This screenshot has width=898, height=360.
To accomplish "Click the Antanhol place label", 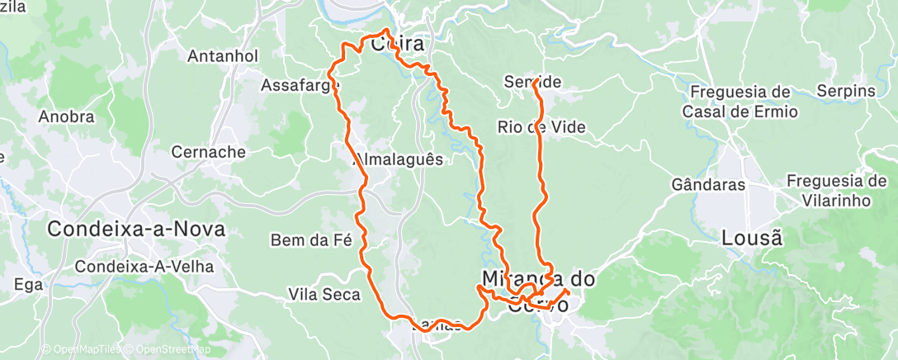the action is pyautogui.click(x=223, y=56).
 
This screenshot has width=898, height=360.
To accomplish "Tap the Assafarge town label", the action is pyautogui.click(x=298, y=84).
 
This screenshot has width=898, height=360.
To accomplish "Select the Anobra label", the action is pyautogui.click(x=66, y=116).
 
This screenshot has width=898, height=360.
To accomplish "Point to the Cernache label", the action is pyautogui.click(x=208, y=152).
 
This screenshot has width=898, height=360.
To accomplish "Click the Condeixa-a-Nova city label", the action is pyautogui.click(x=136, y=230).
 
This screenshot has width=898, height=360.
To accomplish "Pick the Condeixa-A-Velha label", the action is pyautogui.click(x=144, y=267).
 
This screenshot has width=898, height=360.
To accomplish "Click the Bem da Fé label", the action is pyautogui.click(x=311, y=241).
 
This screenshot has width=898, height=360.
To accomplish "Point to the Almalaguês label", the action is pyautogui.click(x=399, y=159).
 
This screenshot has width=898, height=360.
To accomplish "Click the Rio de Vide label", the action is pyautogui.click(x=541, y=127).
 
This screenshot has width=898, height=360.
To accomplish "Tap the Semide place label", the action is pyautogui.click(x=533, y=82).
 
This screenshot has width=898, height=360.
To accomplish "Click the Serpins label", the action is pyautogui.click(x=844, y=91).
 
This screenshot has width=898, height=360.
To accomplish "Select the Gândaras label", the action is pyautogui.click(x=708, y=185).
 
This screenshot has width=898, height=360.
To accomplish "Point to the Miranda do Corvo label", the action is pyautogui.click(x=538, y=291).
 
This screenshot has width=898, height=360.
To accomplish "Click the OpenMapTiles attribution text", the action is pyautogui.click(x=81, y=350).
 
